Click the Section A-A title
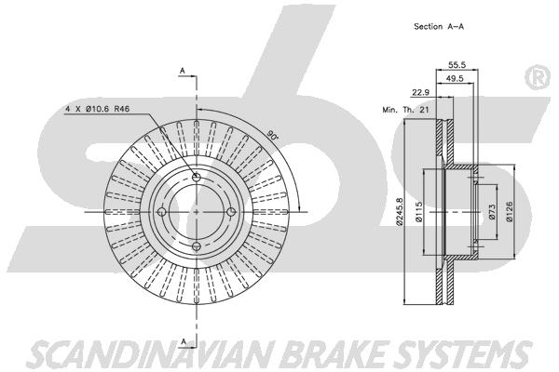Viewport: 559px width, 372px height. [439, 26]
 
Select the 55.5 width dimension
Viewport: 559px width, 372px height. [457, 65]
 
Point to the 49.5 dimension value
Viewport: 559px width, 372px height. [456, 79]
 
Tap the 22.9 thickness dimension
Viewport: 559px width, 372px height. [421, 93]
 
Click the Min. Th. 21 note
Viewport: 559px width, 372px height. [405, 110]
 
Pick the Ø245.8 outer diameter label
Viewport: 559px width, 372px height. [400, 212]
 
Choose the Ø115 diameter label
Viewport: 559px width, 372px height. [419, 212]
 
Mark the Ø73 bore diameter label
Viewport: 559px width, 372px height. [492, 211]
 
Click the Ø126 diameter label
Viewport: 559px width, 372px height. [510, 212]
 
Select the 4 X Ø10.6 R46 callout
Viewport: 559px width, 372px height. [97, 109]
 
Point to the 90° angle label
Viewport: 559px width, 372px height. [272, 136]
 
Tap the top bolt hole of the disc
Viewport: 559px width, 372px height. [197, 177]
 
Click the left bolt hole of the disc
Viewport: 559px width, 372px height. [162, 212]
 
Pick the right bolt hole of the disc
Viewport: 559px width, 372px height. [231, 212]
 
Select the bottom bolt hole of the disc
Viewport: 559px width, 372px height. [197, 246]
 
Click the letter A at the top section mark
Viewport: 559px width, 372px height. [183, 72]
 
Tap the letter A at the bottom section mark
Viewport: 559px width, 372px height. [184, 342]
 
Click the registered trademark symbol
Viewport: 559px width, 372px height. [539, 78]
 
